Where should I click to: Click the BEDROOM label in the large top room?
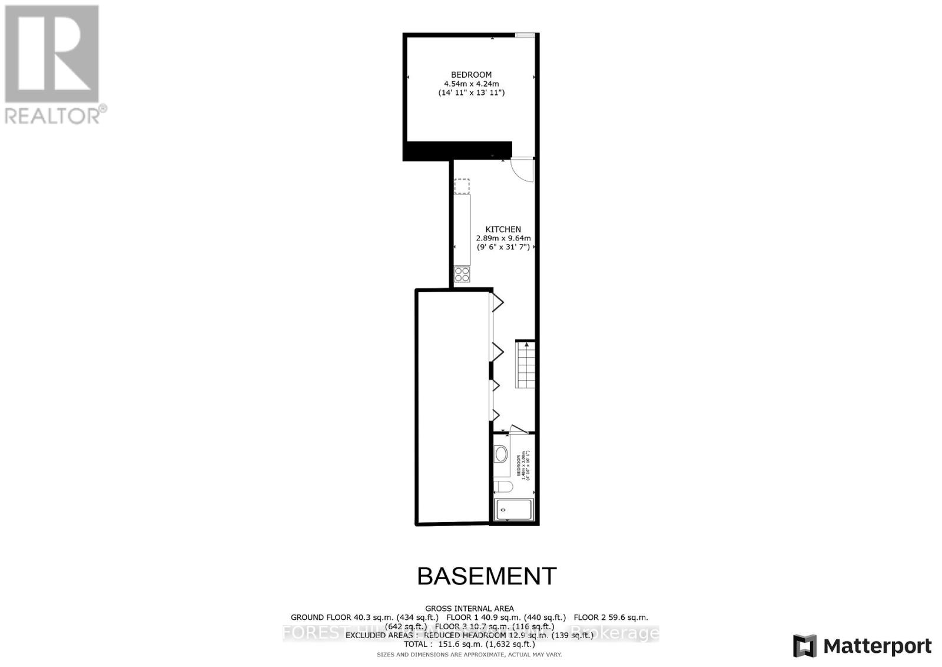[471, 75]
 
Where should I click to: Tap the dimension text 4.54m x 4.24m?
[471, 84]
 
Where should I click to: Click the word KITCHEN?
[503, 229]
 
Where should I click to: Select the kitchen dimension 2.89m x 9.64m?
[503, 238]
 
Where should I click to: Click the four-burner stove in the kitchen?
[462, 274]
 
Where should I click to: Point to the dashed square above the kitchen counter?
[462, 186]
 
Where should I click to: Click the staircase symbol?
[525, 365]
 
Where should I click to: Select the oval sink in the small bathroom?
[501, 454]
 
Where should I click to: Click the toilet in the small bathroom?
[501, 487]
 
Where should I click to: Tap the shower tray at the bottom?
[514, 510]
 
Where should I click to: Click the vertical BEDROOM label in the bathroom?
[519, 465]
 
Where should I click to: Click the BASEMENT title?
[486, 576]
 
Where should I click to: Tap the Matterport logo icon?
[804, 646]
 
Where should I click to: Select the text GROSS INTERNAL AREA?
[469, 608]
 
